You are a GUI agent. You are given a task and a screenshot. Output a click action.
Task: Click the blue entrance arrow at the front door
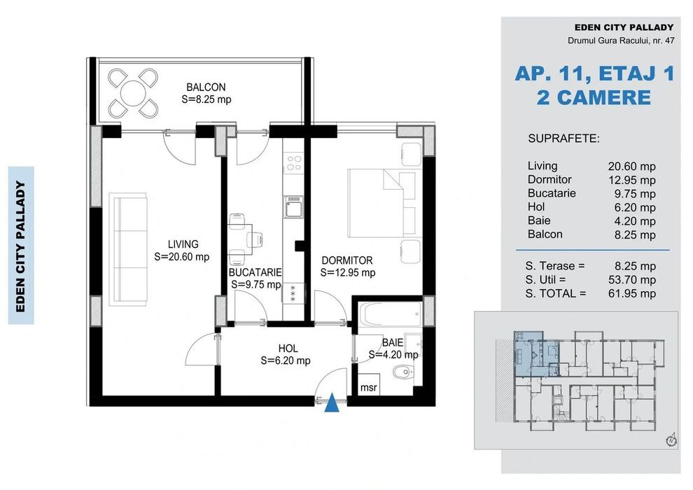click(332, 405)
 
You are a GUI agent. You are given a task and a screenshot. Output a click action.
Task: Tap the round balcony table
click(132, 93)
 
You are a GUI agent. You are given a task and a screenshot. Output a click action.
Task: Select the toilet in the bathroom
click(403, 372)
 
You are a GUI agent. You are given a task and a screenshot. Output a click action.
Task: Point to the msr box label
click(369, 388)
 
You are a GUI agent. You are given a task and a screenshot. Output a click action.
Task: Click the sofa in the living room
click(129, 249)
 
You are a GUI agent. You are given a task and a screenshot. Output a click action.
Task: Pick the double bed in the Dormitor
click(382, 203)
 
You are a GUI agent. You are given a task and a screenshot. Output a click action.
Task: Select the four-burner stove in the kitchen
click(294, 163)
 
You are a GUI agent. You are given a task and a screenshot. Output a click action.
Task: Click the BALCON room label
click(206, 87)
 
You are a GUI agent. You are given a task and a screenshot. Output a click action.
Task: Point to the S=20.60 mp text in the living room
click(181, 257)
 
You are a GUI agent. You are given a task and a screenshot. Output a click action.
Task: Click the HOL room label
click(288, 349)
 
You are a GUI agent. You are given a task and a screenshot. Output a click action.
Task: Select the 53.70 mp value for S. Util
click(632, 280)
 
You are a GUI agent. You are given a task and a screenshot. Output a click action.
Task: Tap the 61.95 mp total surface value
click(632, 293)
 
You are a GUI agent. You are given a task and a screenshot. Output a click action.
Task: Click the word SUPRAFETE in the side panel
click(563, 139)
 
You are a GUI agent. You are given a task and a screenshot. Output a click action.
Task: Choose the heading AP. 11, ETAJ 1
click(595, 73)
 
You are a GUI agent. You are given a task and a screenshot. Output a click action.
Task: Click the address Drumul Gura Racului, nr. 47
click(621, 41)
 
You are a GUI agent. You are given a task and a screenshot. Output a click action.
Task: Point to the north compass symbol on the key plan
click(671, 440)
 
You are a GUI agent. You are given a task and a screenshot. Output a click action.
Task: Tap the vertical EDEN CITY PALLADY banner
click(21, 246)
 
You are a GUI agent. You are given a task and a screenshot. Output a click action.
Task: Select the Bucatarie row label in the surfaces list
click(552, 193)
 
